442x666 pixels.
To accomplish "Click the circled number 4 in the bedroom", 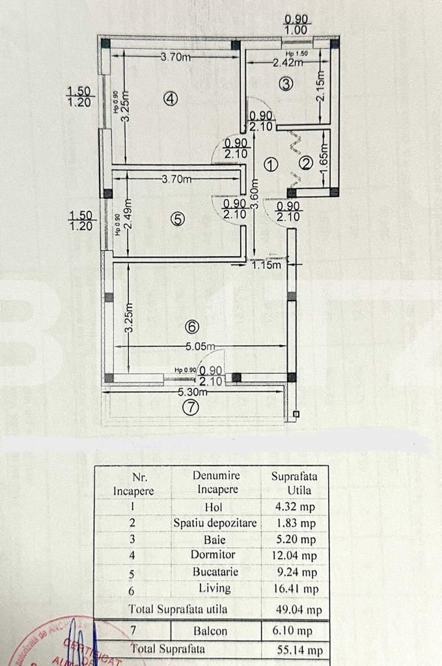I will [170, 99].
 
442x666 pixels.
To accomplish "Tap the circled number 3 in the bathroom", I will [286, 83].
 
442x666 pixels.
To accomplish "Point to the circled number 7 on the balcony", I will [189, 408].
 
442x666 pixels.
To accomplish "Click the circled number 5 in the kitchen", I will [177, 219].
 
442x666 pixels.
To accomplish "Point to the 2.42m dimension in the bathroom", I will [288, 63].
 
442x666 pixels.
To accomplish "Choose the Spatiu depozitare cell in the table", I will [215, 523].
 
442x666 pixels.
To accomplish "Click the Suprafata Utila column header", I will [291, 482].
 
